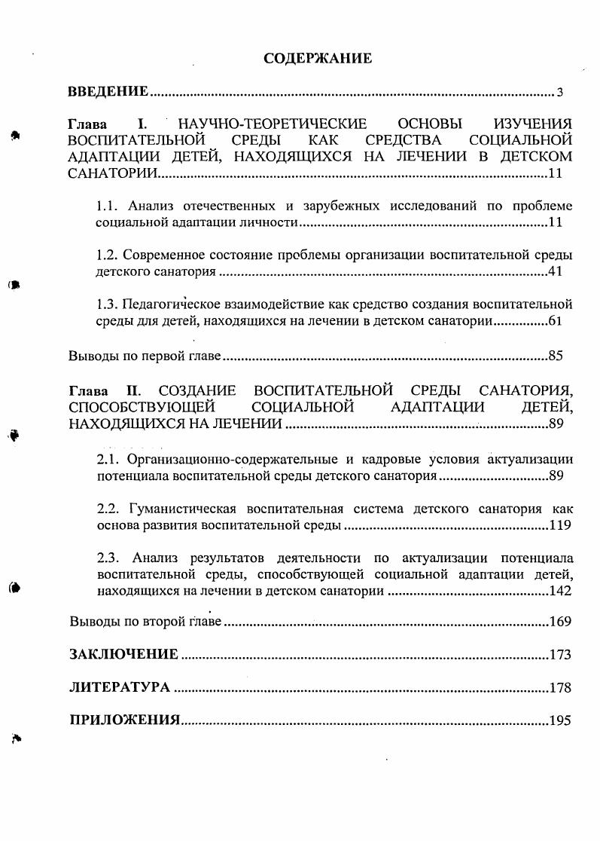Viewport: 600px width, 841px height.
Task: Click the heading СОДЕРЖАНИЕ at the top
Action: (318, 58)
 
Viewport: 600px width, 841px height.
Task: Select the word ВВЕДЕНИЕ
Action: (108, 92)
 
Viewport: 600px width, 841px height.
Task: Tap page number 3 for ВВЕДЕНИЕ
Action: (560, 93)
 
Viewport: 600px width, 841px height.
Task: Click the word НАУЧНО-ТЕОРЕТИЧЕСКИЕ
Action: (272, 124)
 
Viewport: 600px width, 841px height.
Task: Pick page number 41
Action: (556, 272)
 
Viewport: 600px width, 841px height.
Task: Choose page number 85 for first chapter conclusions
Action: (556, 356)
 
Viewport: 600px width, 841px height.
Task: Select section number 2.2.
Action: (110, 509)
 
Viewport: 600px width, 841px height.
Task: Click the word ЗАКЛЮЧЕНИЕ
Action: (124, 654)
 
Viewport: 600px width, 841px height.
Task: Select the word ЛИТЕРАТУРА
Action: (120, 687)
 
